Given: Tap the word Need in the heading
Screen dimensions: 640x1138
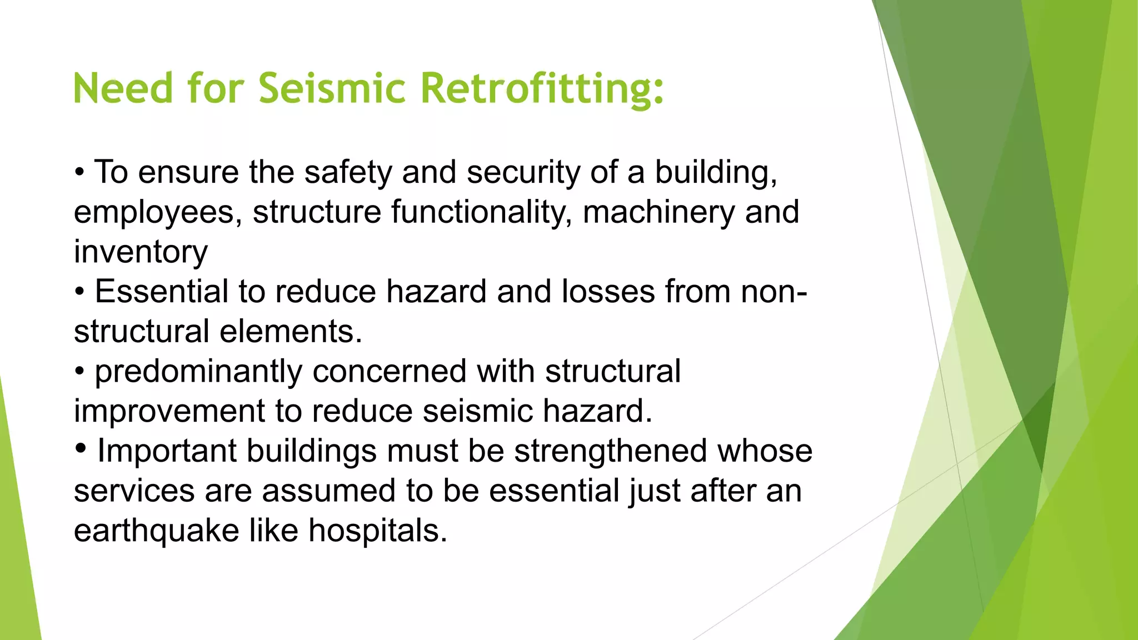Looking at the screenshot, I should click(x=123, y=89).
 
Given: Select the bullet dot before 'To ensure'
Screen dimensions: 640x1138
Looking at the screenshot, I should click(x=80, y=172).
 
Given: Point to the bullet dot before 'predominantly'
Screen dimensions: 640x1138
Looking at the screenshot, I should click(x=80, y=371).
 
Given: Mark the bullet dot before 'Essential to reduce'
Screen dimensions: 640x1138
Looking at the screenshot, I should click(x=80, y=291).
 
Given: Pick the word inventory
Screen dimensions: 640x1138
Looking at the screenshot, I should click(x=141, y=252).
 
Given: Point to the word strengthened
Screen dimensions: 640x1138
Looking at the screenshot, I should click(x=610, y=451).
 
